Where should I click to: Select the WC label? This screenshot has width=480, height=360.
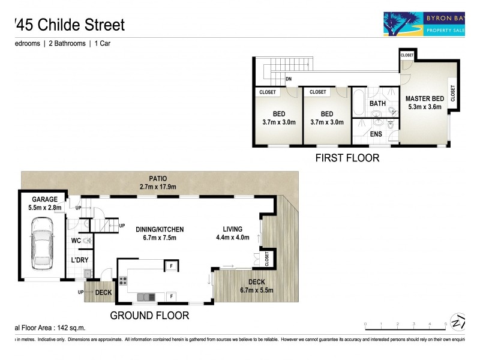pos(76,241)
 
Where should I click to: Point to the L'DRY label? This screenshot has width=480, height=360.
pos(80,260)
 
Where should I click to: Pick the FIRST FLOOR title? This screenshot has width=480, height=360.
pos(347,158)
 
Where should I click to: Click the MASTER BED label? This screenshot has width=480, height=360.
pos(424,103)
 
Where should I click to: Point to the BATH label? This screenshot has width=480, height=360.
pos(377,103)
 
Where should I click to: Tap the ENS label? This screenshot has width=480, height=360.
pos(376,134)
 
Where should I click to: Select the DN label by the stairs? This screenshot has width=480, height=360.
pos(289,79)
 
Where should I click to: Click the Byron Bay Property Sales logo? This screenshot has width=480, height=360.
pos(425,23)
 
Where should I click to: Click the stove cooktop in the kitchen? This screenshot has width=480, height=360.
pos(124,280)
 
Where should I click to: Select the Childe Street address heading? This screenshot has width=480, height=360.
pos(69,25)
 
